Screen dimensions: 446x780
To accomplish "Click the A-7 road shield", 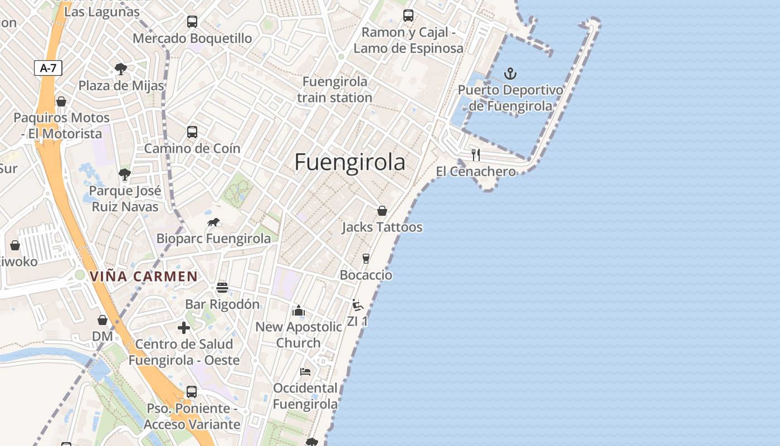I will pos(48,68).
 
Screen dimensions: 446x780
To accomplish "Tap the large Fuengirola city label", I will pos(349,162).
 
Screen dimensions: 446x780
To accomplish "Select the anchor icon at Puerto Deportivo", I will pos(510,74).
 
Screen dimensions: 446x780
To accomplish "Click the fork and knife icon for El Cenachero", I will pos(476,155).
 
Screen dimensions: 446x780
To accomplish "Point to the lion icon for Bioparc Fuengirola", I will pos(213,222).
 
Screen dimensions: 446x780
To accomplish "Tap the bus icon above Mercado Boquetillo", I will pos(192,22).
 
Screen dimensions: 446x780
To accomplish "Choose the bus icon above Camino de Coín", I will pos(192,132).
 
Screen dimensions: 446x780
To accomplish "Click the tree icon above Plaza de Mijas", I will pos(120,70).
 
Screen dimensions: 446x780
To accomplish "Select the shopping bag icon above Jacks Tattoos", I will pos(382,211).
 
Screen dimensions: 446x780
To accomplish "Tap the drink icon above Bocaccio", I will pos(366,259).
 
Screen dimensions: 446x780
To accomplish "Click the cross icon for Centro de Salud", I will pos(184,328).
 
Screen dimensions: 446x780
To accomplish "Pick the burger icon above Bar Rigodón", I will pos(222,288).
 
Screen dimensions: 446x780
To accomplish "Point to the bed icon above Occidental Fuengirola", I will pos(305,371).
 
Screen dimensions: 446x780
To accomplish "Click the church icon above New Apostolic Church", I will pos(299,311).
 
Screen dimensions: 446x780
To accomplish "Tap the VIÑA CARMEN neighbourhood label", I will pos(144,276).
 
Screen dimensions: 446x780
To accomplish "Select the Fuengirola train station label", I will pos(335,90).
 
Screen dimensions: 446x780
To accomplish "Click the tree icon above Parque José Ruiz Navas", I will pos(125,174).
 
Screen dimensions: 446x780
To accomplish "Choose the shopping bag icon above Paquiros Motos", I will pos(61,101).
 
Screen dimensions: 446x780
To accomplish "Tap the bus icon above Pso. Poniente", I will pos(192,392).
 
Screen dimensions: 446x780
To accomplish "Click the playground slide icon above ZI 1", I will pos(357,305).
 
